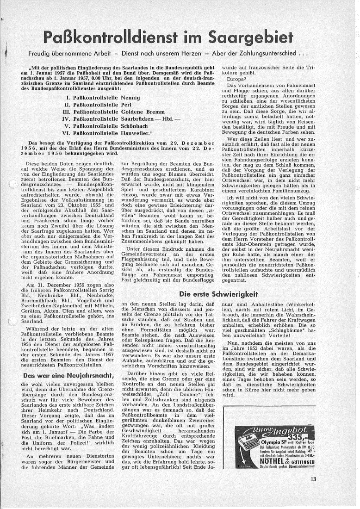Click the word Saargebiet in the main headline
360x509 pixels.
(x=247, y=37)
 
